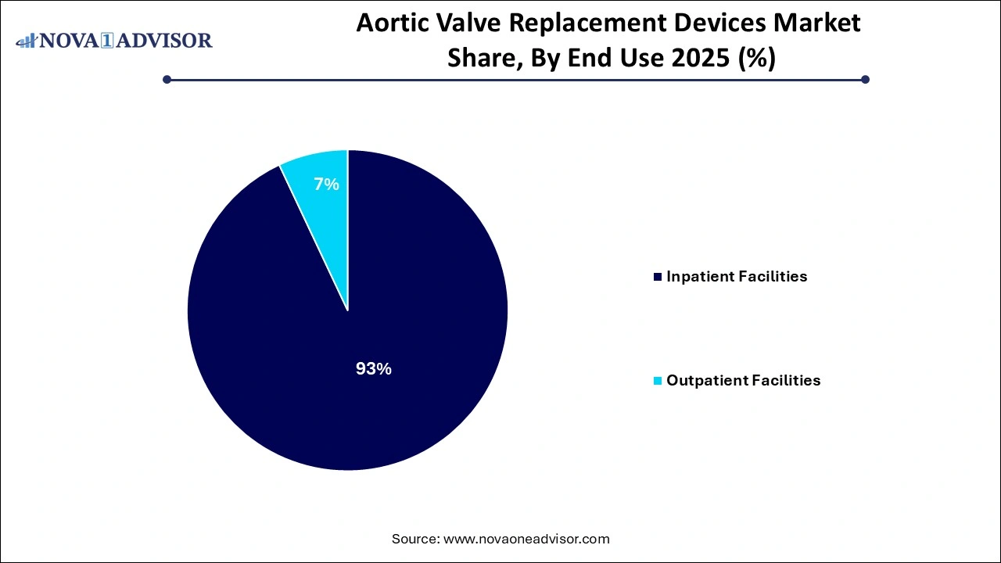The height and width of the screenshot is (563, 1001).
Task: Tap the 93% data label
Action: click(x=373, y=369)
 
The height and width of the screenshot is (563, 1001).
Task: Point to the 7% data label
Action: click(x=326, y=185)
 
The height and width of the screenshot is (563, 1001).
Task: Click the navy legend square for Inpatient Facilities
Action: click(x=658, y=277)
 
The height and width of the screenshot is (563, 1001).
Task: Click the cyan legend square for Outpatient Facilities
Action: click(x=658, y=381)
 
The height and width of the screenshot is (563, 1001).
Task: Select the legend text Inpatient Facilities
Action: click(x=736, y=277)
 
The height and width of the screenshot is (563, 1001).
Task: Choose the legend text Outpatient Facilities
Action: click(x=743, y=381)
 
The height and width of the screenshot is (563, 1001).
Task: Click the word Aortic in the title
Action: click(x=392, y=23)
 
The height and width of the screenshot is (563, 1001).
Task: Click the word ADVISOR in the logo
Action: click(x=165, y=41)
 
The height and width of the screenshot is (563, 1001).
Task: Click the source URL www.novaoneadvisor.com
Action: click(x=526, y=539)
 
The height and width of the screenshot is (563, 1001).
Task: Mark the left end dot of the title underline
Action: click(x=167, y=79)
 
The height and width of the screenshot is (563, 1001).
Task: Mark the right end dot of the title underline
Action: click(x=865, y=79)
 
